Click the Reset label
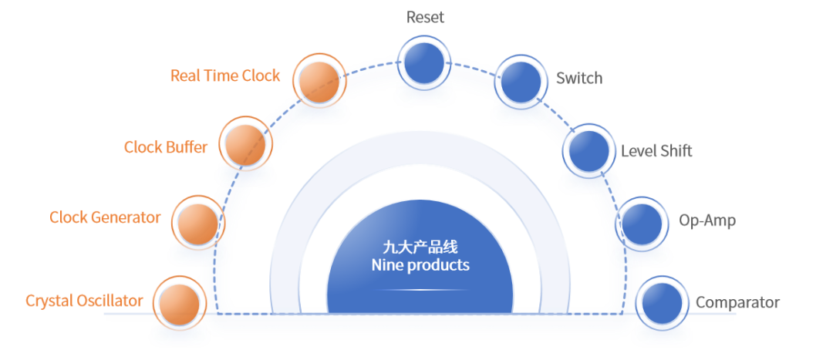click(425, 17)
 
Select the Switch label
click(579, 78)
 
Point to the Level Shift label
click(656, 151)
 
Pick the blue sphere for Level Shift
click(588, 150)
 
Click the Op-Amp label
click(707, 221)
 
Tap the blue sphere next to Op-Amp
click(642, 222)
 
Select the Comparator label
click(737, 303)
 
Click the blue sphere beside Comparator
click(662, 302)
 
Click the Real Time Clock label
click(225, 76)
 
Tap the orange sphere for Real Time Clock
click(319, 80)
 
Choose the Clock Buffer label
click(166, 146)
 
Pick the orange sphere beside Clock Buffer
click(246, 144)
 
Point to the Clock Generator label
click(106, 217)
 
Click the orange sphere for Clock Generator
click(198, 222)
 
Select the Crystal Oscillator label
click(85, 301)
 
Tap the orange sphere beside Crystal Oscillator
click(179, 302)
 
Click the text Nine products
click(420, 265)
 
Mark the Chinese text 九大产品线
click(420, 247)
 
